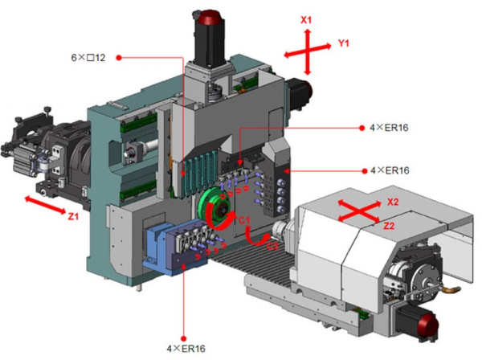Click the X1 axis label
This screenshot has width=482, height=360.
pos(305,18)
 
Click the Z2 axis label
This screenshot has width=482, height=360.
pos(388,227)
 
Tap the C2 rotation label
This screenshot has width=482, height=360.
pos(272,244)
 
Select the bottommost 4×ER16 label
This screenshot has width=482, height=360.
pos(185,348)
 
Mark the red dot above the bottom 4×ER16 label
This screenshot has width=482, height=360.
pos(184,337)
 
